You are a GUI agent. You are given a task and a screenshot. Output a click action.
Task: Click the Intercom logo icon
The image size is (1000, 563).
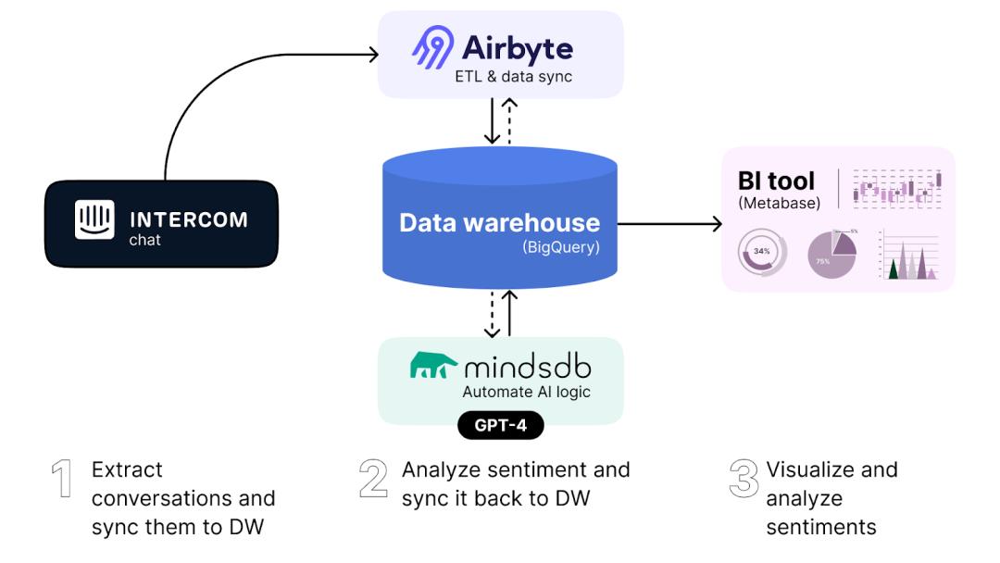point(94,219)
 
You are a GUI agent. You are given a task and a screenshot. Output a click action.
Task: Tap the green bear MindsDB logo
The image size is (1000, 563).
point(432,368)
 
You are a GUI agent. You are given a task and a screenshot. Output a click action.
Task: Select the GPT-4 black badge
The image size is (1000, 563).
point(501,425)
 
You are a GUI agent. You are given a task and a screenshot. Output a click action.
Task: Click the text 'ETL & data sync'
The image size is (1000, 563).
point(513,77)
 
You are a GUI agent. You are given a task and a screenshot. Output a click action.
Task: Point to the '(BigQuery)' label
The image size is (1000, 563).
point(560,248)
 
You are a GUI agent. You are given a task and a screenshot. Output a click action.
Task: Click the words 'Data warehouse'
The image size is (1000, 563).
point(499,223)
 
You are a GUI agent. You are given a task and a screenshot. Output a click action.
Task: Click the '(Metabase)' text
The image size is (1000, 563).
point(779,203)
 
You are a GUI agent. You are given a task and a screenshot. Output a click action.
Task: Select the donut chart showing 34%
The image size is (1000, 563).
point(762,252)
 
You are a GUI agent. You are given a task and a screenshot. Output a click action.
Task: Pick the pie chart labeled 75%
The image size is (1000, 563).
point(831,255)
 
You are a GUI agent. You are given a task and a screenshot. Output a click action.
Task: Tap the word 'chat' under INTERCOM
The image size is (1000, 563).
point(144,240)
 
